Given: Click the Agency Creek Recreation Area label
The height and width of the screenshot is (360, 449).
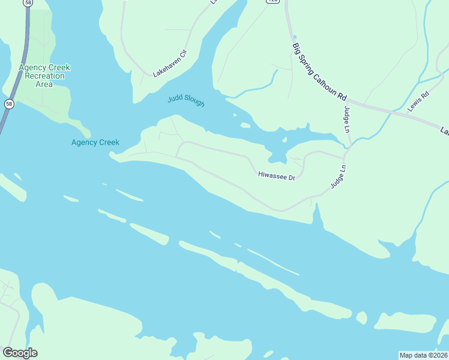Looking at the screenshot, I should point(44,76).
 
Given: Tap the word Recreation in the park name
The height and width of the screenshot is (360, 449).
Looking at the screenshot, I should point(44,76).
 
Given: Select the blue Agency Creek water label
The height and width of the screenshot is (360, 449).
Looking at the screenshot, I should point(95,142).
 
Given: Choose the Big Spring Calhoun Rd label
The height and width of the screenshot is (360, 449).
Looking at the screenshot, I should point(320,71).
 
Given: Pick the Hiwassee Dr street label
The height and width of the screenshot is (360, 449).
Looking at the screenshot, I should point(277,177).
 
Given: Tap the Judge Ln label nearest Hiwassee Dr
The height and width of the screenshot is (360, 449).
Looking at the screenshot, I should point(339,177).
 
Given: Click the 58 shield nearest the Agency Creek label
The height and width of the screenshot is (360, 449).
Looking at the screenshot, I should point(8,104).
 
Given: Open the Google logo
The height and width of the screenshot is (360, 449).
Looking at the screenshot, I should point(20,353).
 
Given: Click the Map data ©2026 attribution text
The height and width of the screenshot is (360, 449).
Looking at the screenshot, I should point(423,355).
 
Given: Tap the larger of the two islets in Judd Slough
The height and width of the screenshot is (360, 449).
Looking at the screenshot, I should point(245,125).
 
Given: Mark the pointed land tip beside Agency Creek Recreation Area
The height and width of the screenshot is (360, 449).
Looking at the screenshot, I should point(88,133).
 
